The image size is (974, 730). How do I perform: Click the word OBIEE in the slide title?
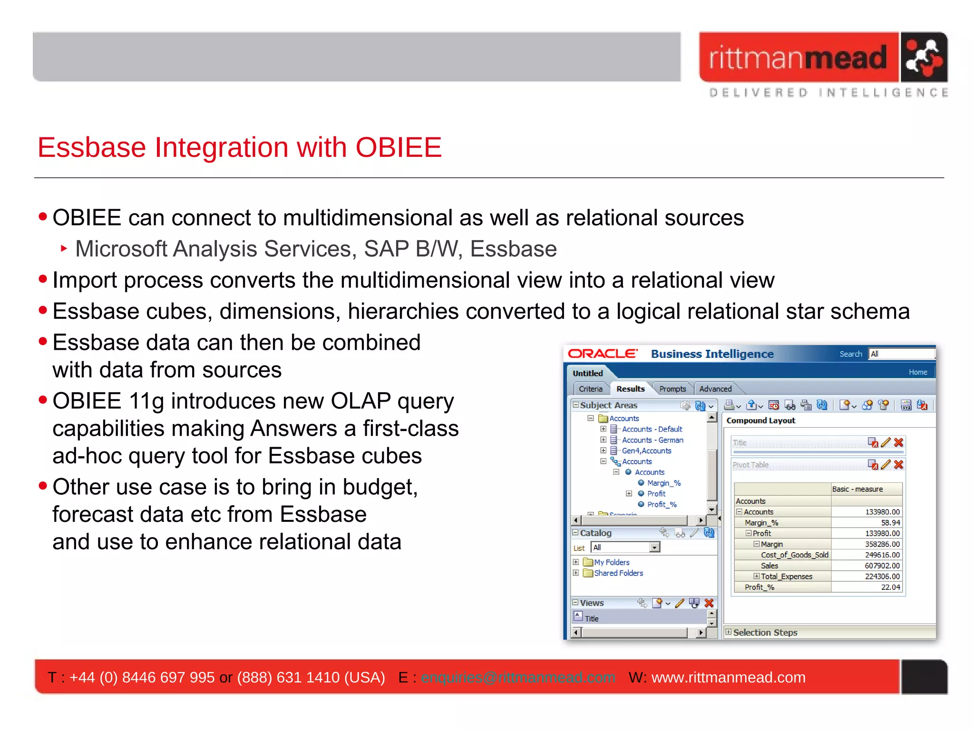[x=399, y=147]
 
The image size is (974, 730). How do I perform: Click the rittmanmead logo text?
[x=798, y=58]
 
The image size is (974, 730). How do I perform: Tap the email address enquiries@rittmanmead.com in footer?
[x=517, y=677]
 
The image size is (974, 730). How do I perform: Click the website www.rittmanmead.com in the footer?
[x=728, y=677]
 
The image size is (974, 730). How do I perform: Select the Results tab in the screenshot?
[x=630, y=389]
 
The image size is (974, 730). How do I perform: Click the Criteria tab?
[x=590, y=389]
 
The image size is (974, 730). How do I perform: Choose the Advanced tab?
[x=715, y=389]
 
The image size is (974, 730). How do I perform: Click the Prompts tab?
[x=672, y=389]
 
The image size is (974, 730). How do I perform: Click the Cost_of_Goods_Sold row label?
[x=794, y=555]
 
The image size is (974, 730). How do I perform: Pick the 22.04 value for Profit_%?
[x=890, y=587]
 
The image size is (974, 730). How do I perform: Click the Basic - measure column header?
[x=857, y=489]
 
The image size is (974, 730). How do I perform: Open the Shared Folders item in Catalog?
[x=618, y=573]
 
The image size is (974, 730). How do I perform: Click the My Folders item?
[x=612, y=562]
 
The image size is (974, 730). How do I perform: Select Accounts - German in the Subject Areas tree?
[x=653, y=440]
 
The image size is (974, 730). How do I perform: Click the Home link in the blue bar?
[x=917, y=372]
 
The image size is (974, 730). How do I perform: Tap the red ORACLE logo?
[x=603, y=354]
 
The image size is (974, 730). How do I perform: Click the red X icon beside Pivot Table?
[x=898, y=465]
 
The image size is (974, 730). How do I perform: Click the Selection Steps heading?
[x=765, y=633]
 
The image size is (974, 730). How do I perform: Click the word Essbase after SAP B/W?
[x=513, y=249]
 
